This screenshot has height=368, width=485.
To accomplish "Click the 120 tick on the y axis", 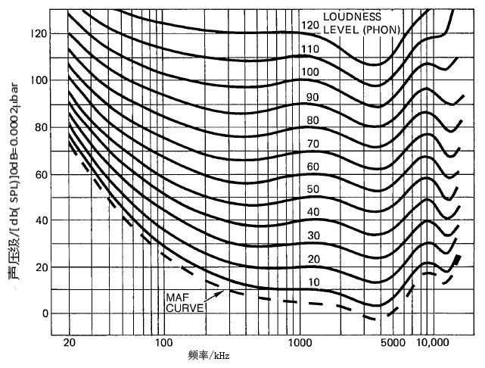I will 39,35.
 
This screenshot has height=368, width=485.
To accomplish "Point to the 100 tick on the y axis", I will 39,81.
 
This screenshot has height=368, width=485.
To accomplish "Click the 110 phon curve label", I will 309,48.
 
